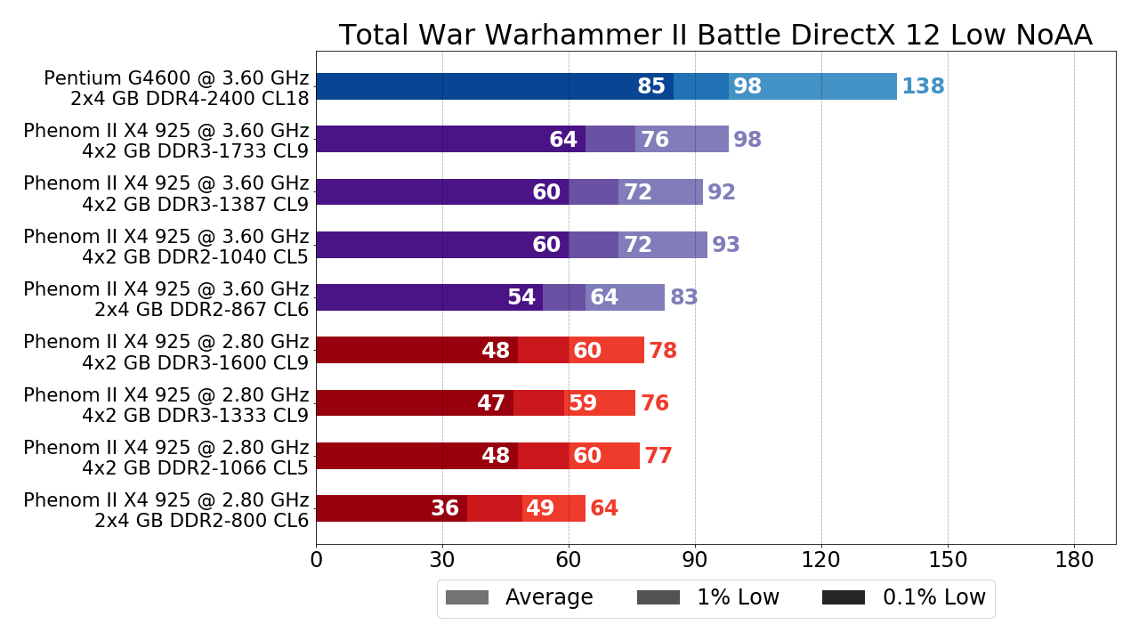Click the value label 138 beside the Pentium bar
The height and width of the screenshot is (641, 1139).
923,86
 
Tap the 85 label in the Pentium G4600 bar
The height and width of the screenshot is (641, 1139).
651,86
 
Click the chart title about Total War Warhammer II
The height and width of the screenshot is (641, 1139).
715,35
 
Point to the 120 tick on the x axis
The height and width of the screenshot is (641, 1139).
821,561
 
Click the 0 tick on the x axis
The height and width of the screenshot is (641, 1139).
316,561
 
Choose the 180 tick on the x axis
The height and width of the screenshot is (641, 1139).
1074,561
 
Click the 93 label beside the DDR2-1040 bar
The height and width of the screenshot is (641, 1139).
726,245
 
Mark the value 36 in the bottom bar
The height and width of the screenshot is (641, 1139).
445,508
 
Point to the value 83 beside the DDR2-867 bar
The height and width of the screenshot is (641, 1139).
684,297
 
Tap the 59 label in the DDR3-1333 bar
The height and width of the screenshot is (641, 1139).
583,403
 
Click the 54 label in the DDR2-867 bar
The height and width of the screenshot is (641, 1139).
521,297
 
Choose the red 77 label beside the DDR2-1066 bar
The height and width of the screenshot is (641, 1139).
658,456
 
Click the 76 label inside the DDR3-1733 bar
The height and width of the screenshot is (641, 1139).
655,140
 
